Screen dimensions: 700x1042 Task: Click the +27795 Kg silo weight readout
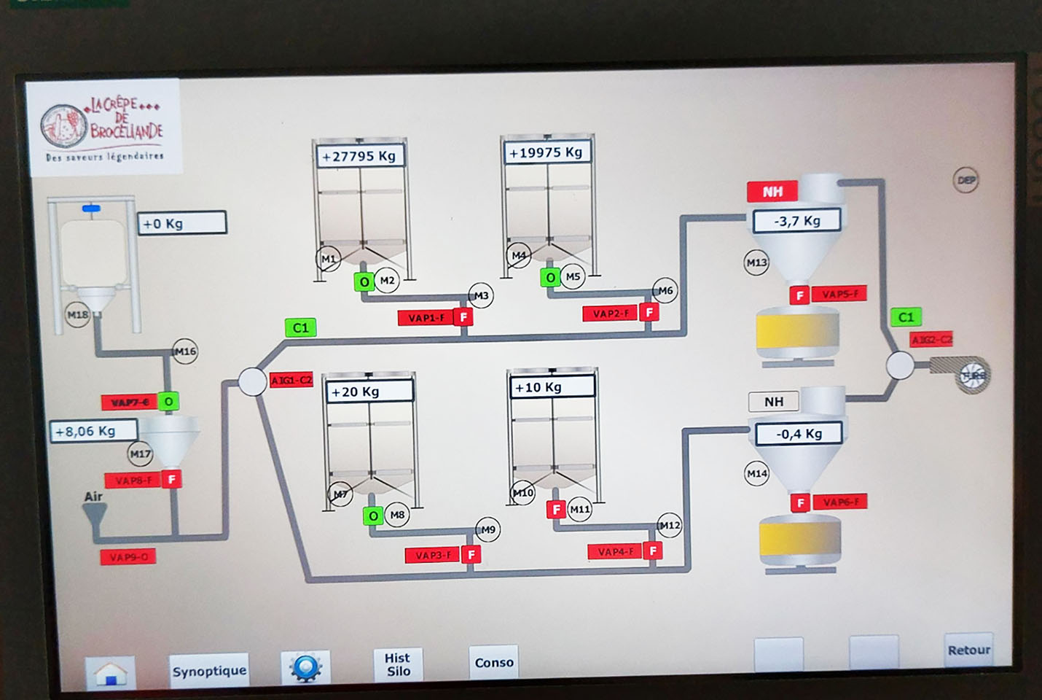(359, 156)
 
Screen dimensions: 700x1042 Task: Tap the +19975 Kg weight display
(547, 152)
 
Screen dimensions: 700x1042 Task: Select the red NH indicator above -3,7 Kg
(772, 192)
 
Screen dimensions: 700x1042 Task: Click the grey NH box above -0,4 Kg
(773, 402)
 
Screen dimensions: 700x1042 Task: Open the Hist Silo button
(398, 664)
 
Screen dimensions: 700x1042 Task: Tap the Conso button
(494, 663)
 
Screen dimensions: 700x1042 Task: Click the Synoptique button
(209, 671)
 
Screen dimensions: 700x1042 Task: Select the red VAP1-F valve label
(426, 318)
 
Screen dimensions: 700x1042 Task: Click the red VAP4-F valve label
(616, 552)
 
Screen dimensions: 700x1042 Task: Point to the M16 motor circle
(185, 351)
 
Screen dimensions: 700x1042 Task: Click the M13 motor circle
(756, 262)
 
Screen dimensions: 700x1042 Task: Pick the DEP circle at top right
(965, 180)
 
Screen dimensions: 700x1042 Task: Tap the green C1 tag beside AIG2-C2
(906, 317)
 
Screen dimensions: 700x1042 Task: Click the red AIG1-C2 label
(291, 380)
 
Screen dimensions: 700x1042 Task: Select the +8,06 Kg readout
(93, 431)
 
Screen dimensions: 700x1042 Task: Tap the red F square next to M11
(557, 509)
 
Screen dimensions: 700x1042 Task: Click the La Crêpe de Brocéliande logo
(103, 128)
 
